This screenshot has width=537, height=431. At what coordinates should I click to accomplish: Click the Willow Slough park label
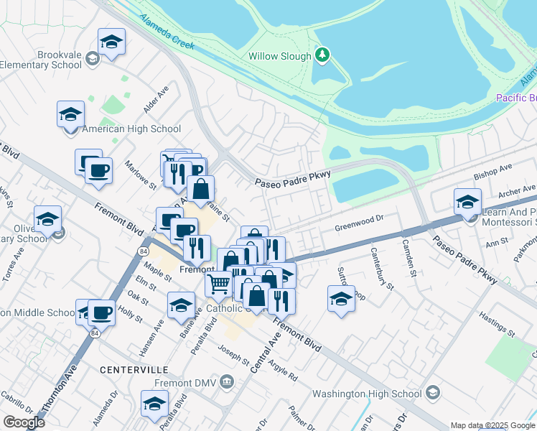[x=280, y=56]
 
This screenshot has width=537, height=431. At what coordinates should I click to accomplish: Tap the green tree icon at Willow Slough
[x=323, y=55]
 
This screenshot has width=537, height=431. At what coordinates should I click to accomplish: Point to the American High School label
[x=131, y=129]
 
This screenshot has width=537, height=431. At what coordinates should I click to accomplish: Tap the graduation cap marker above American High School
[x=71, y=116]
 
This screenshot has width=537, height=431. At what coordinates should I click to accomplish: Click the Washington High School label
[x=367, y=394]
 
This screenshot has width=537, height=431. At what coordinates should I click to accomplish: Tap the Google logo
[x=24, y=422]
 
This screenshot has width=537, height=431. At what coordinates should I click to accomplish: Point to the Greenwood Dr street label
[x=360, y=228]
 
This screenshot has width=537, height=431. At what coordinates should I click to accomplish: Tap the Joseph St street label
[x=234, y=355]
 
